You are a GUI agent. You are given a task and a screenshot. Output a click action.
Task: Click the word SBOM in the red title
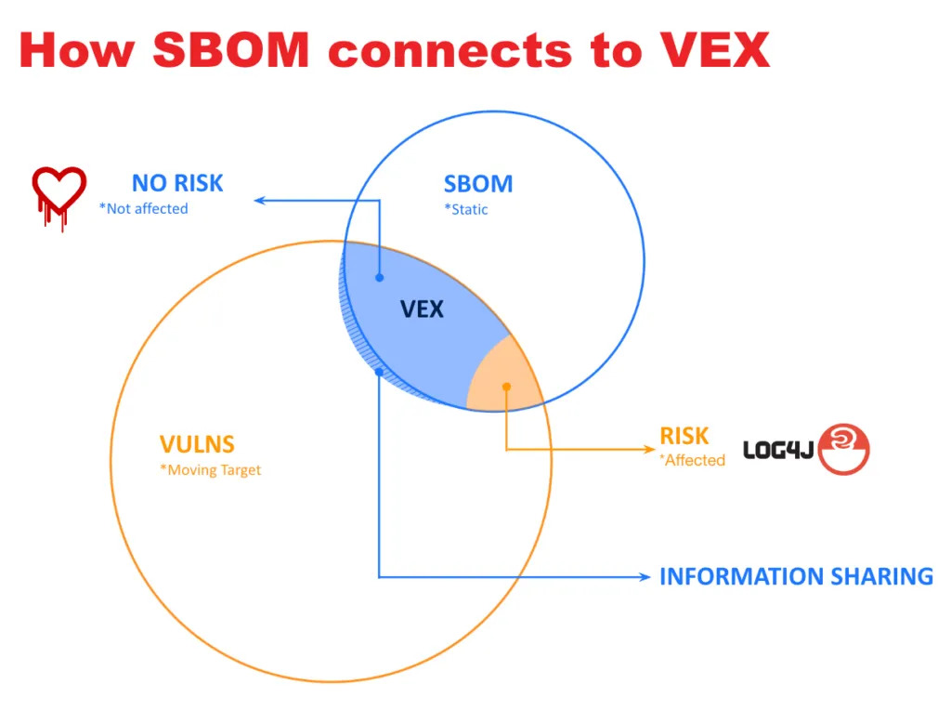click(231, 50)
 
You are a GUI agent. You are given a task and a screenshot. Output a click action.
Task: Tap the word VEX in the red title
click(715, 50)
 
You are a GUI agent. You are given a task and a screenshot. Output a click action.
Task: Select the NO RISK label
click(177, 183)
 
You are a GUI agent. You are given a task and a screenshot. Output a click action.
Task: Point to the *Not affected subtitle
click(144, 209)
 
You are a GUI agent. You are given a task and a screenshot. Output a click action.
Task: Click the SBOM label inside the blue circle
click(478, 184)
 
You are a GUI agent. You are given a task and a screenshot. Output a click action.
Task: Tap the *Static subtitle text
click(466, 210)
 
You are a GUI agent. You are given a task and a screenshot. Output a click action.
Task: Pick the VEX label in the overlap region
click(423, 309)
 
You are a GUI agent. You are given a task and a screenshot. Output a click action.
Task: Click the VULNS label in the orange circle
click(197, 444)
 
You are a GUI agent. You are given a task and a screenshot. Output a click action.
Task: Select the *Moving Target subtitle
click(211, 470)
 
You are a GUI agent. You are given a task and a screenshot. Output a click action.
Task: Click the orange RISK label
click(684, 437)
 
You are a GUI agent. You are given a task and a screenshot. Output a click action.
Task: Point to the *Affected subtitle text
click(693, 461)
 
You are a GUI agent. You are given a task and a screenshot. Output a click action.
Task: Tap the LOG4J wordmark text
click(778, 450)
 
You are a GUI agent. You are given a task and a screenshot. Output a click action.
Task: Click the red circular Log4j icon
click(843, 449)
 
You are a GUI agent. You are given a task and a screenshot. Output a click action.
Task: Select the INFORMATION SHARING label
click(796, 576)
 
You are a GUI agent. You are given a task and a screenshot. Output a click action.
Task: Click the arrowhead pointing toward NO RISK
click(259, 200)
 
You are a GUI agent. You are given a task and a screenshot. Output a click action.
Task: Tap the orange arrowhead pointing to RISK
click(649, 449)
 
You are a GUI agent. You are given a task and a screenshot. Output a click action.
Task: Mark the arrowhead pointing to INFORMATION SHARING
click(645, 576)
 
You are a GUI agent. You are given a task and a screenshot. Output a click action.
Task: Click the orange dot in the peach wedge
click(506, 387)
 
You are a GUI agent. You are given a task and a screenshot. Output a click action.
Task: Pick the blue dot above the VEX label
click(380, 277)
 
